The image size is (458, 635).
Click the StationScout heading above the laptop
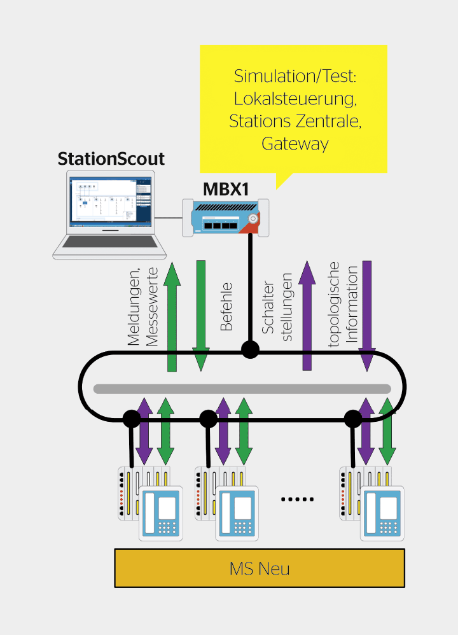111,158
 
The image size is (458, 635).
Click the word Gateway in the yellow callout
295,144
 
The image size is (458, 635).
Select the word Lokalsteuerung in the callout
295,99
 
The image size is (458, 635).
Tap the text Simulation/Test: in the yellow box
295,76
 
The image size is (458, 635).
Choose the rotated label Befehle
226,307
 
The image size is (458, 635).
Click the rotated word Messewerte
151,307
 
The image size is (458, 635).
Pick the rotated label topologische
335,305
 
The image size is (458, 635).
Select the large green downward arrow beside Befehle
201,316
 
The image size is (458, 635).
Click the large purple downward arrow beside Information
367,316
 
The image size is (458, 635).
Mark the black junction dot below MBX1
249,349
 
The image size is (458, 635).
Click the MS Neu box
260,568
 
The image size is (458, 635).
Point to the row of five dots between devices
298,499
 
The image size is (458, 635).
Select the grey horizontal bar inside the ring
242,389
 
